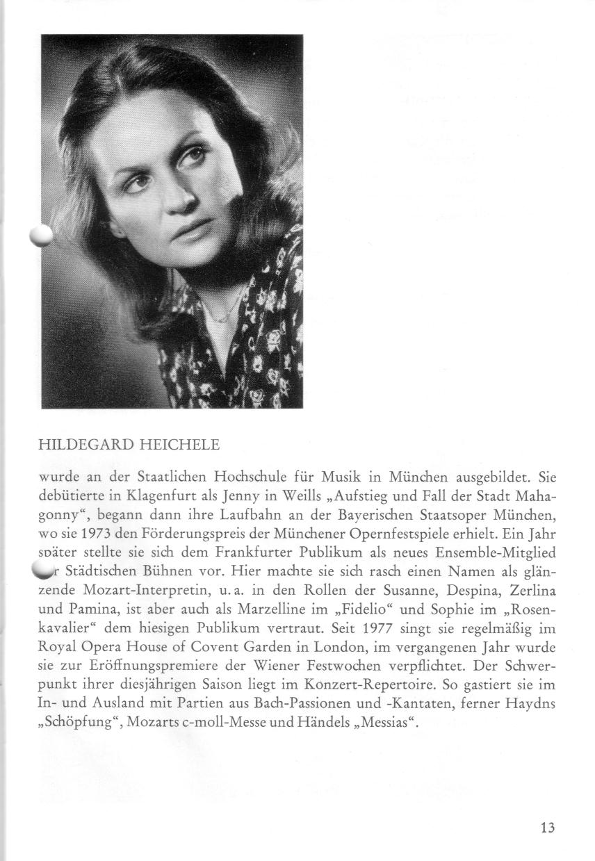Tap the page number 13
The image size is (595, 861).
pyautogui.click(x=547, y=827)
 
